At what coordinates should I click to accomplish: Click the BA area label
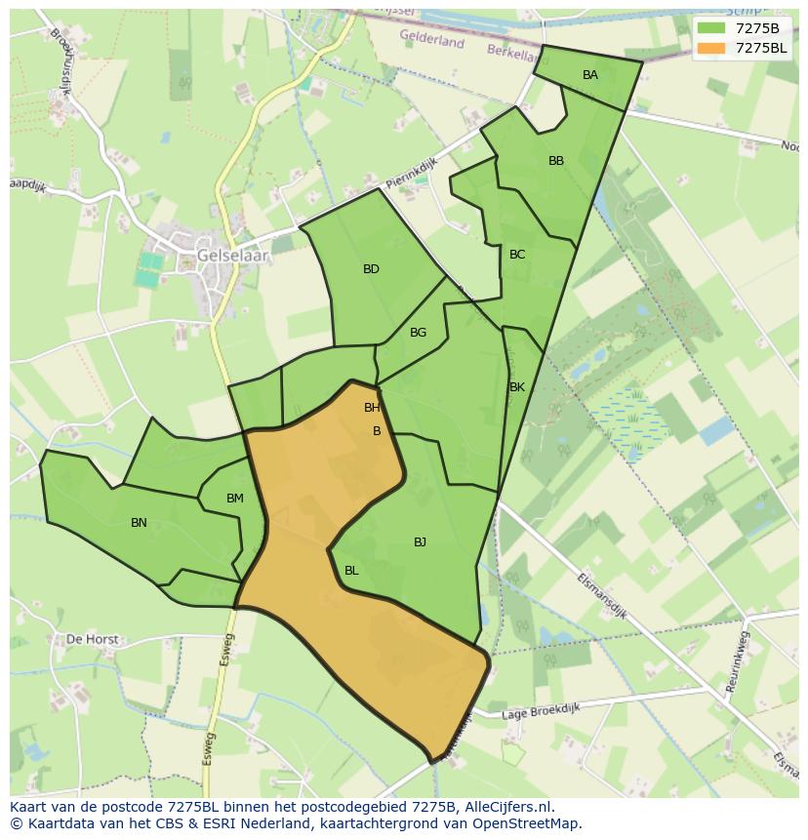[589, 75]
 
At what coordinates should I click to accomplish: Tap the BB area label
[556, 161]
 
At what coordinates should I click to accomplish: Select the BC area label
[517, 255]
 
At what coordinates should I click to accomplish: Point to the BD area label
[371, 269]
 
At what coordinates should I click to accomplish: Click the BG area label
[418, 333]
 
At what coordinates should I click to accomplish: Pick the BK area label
[517, 387]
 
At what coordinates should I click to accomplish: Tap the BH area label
[372, 408]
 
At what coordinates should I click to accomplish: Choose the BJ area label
[420, 542]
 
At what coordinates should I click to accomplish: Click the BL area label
[351, 571]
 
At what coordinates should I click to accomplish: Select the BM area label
[235, 499]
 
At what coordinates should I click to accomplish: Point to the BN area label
[139, 523]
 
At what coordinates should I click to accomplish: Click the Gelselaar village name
[232, 256]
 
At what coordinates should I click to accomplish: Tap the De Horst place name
[92, 640]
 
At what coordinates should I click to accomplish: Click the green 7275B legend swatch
[711, 27]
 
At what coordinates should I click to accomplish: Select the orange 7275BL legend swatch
[711, 48]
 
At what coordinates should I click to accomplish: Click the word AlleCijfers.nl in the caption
[506, 807]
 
